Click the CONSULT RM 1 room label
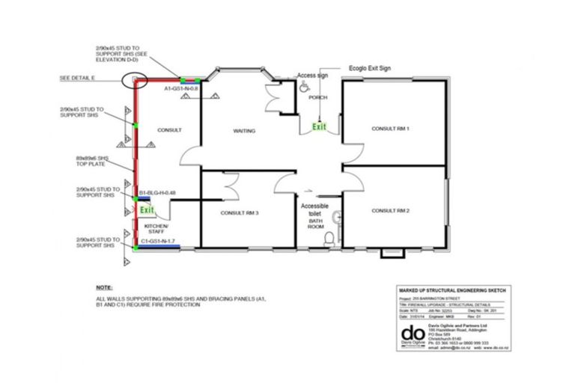coord(390,129)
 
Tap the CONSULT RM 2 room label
coord(391,211)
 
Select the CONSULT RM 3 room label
coord(240,213)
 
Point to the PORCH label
coord(318,97)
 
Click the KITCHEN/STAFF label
coord(156,228)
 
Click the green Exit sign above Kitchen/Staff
coord(147,211)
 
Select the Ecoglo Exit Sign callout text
coord(370,69)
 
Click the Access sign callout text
coord(312,76)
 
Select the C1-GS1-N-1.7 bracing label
coord(158,241)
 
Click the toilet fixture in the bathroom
coord(328,239)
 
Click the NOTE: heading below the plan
coord(104,287)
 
